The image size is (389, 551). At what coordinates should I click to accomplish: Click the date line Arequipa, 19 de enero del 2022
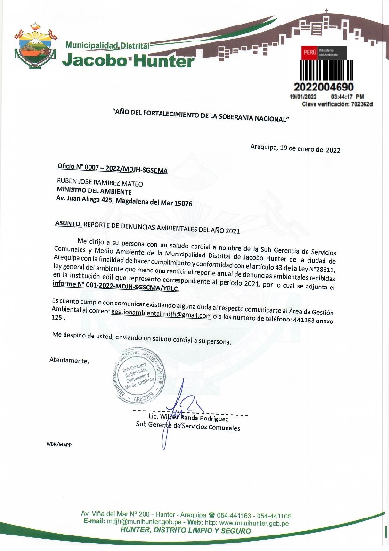295,149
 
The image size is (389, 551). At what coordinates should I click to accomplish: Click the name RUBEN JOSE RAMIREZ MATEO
99,184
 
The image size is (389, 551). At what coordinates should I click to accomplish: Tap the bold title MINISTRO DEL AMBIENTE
94,192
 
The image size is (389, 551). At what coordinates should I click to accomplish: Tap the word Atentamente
69,361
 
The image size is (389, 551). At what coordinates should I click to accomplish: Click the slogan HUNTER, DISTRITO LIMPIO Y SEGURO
186,531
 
